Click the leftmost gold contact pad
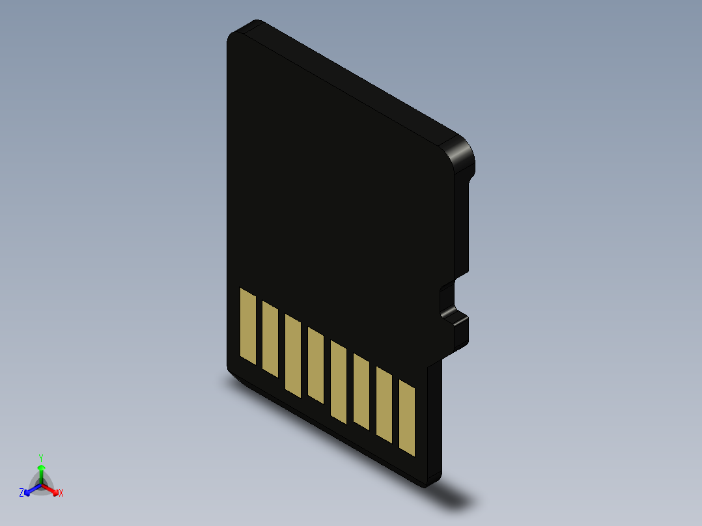[x=248, y=326]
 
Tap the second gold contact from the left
[x=270, y=339]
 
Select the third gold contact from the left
[x=293, y=355]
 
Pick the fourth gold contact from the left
[x=316, y=365]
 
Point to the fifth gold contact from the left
[x=339, y=381]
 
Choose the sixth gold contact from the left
[x=361, y=391]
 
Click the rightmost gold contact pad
[x=407, y=419]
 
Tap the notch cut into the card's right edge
[x=448, y=299]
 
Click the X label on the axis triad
[x=61, y=493]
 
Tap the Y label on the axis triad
[x=41, y=458]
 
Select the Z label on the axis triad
[x=21, y=493]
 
